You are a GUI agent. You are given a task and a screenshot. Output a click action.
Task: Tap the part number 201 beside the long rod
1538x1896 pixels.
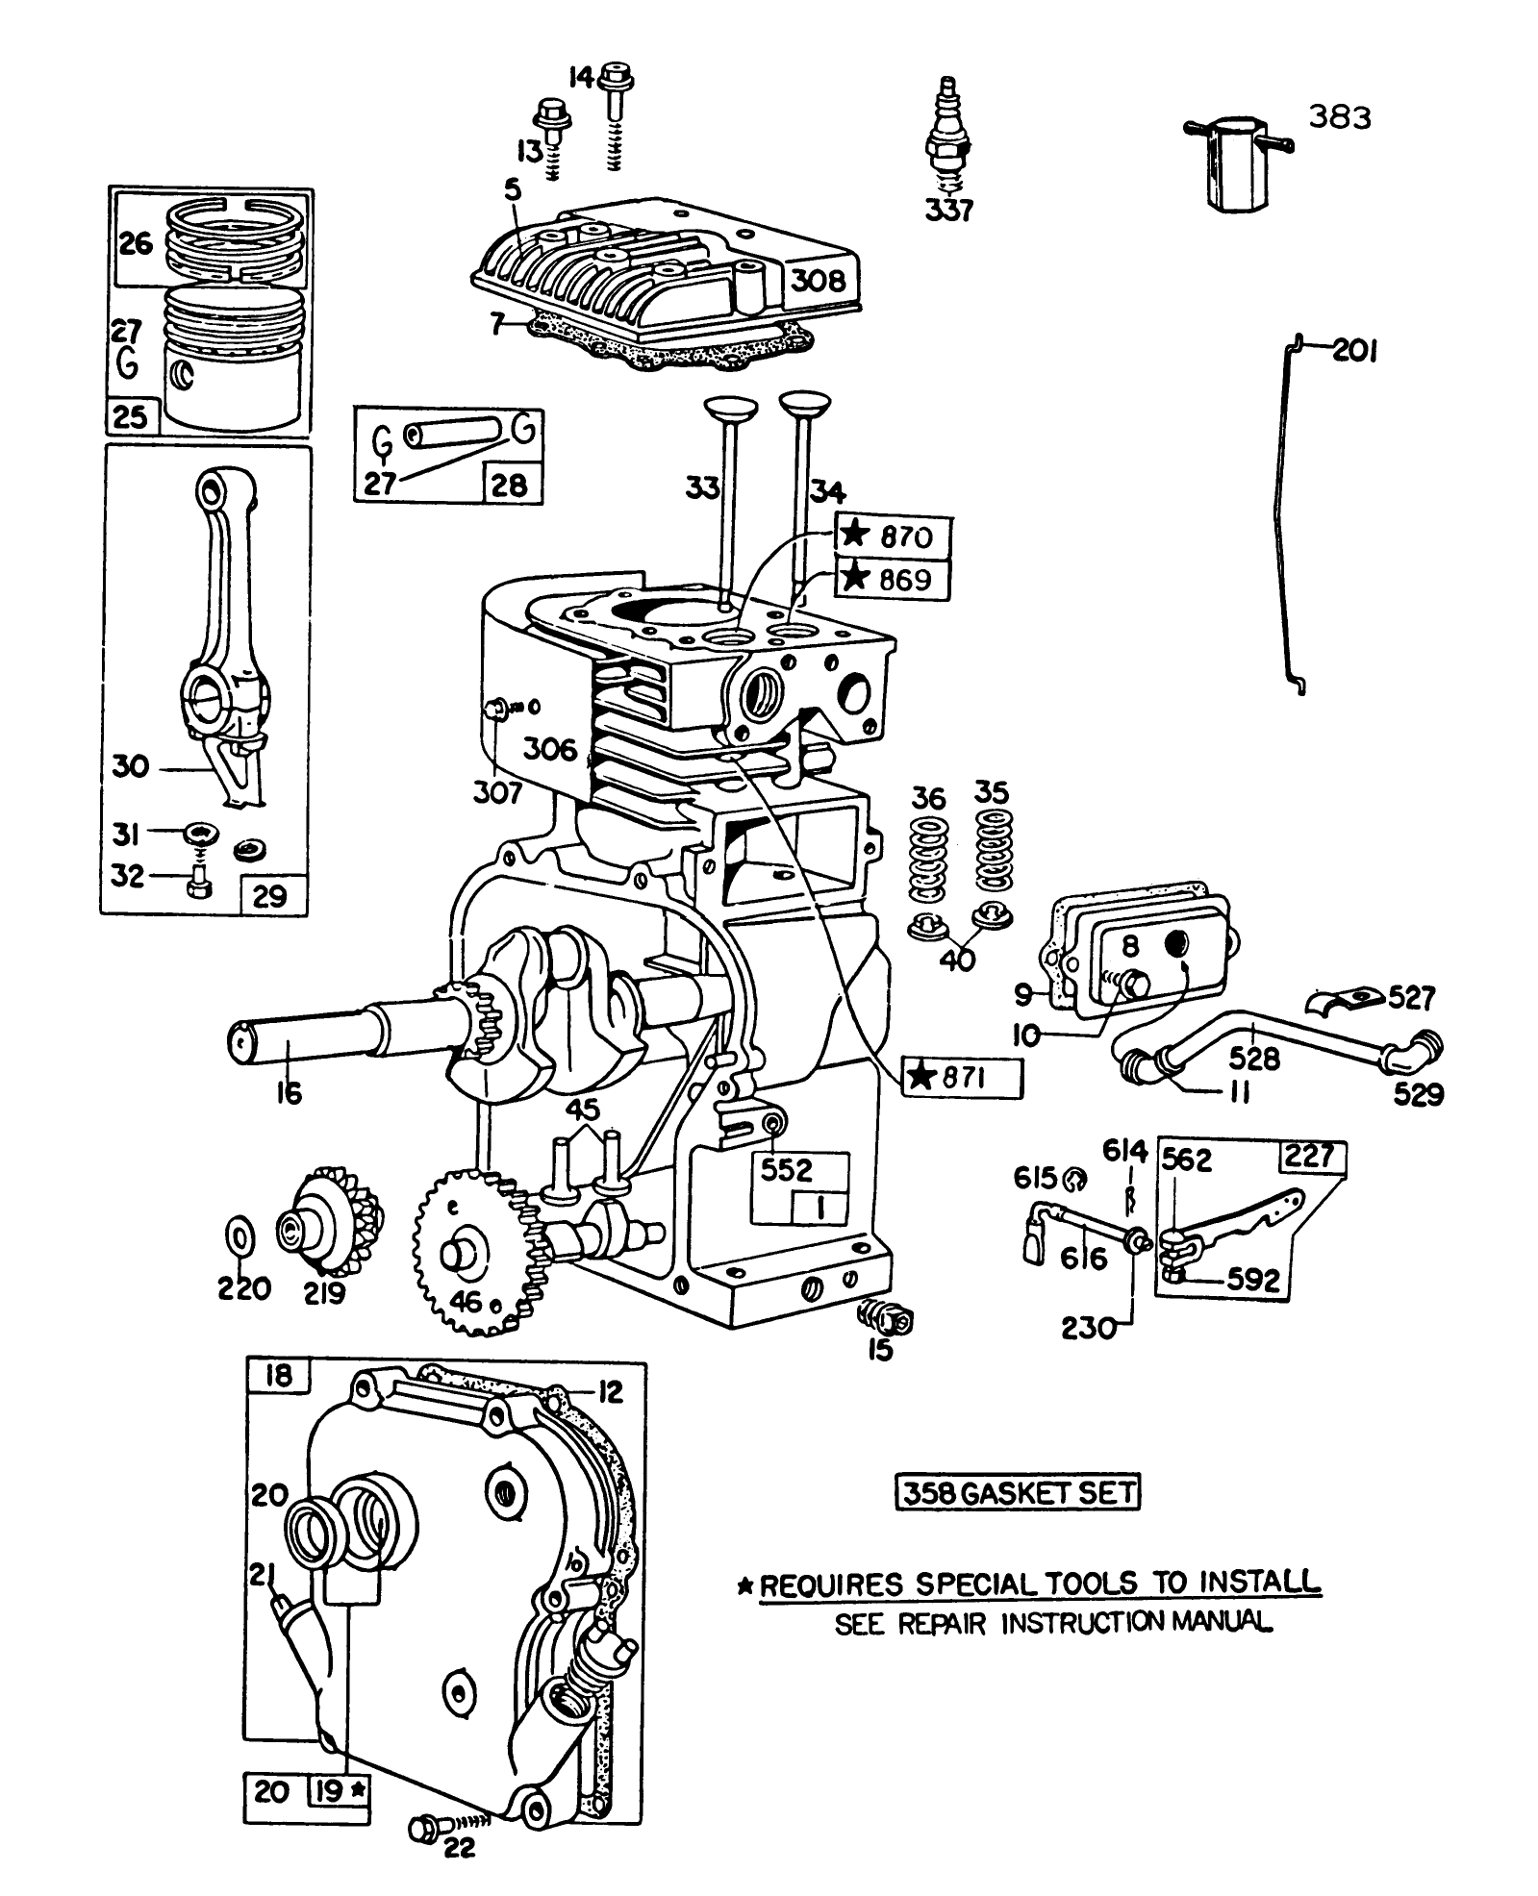[1354, 352]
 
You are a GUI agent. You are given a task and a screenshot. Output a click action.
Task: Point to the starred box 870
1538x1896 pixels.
[893, 536]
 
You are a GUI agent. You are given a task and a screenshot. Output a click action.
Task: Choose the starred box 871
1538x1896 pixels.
[962, 1078]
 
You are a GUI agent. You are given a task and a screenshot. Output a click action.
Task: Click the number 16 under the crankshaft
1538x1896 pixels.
[289, 1092]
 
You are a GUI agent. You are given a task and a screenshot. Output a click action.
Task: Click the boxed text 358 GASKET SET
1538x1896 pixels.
[1018, 1492]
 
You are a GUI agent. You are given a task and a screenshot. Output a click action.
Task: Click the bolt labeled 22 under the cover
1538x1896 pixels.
[425, 1856]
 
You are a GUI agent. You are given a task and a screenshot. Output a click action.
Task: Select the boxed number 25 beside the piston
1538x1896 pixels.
[130, 416]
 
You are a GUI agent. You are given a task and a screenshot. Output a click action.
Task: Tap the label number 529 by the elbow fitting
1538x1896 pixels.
[1418, 1095]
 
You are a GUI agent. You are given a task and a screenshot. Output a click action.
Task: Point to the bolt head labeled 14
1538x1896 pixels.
[615, 75]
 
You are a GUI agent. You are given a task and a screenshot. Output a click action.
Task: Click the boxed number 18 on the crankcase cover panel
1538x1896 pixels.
[277, 1377]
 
